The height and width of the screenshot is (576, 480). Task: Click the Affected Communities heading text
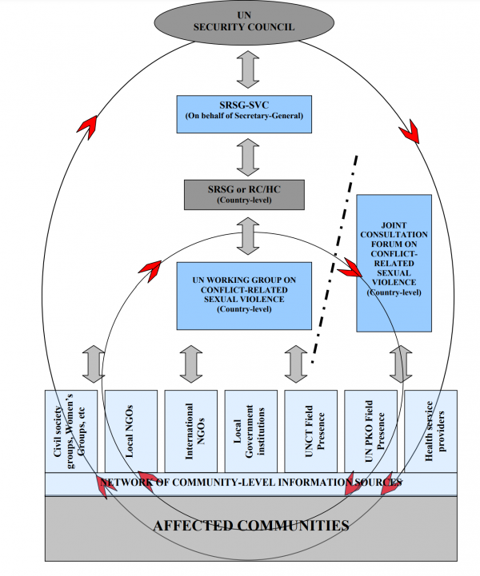pos(251,526)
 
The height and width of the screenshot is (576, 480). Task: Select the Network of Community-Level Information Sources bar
pos(250,483)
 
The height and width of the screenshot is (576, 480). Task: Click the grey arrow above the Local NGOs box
pos(126,363)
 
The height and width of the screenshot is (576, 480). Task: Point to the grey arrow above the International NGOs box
pos(190,363)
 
